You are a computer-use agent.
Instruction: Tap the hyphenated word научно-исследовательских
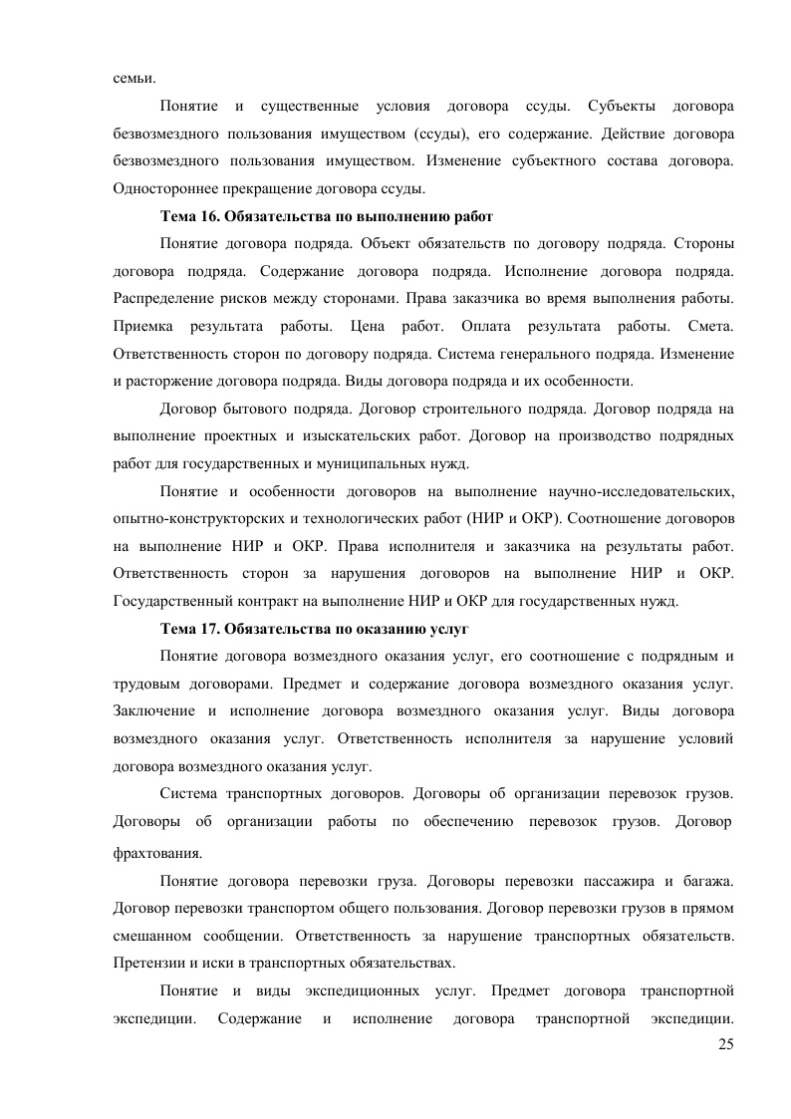click(642, 491)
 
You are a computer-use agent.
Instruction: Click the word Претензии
click(147, 964)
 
